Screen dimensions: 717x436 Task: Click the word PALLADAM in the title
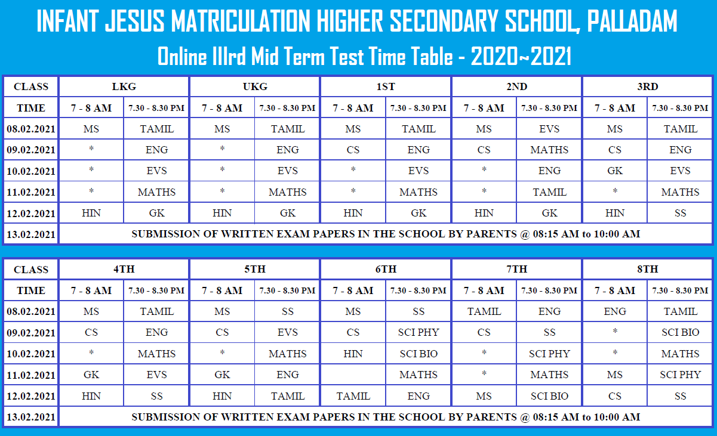pyautogui.click(x=632, y=21)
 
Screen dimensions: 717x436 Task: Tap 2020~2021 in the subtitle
pyautogui.click(x=521, y=56)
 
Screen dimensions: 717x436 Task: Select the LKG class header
pyautogui.click(x=124, y=86)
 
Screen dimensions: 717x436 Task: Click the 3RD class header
pyautogui.click(x=648, y=86)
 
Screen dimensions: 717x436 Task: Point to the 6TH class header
pyautogui.click(x=386, y=269)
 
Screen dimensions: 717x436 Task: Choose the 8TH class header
pyautogui.click(x=648, y=269)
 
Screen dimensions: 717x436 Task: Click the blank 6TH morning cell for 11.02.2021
pyautogui.click(x=353, y=375)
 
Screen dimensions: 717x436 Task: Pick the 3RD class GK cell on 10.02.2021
pyautogui.click(x=615, y=171)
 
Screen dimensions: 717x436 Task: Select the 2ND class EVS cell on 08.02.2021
pyautogui.click(x=549, y=129)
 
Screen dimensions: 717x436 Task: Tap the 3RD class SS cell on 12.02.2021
pyautogui.click(x=680, y=213)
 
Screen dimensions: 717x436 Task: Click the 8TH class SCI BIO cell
pyautogui.click(x=680, y=332)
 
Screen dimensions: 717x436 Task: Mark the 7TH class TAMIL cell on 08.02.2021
pyautogui.click(x=484, y=311)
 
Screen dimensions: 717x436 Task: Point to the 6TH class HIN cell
pyautogui.click(x=353, y=354)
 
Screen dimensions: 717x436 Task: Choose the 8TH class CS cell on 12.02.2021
pyautogui.click(x=615, y=396)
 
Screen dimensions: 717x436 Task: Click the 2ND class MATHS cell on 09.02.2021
pyautogui.click(x=549, y=150)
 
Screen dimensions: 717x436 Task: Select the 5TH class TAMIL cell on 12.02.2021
pyautogui.click(x=288, y=396)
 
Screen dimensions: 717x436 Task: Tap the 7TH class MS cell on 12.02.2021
pyautogui.click(x=484, y=396)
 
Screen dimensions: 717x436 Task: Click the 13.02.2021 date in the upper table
pyautogui.click(x=31, y=234)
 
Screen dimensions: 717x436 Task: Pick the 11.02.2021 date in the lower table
pyautogui.click(x=31, y=375)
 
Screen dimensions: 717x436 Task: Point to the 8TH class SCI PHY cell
pyautogui.click(x=680, y=375)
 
